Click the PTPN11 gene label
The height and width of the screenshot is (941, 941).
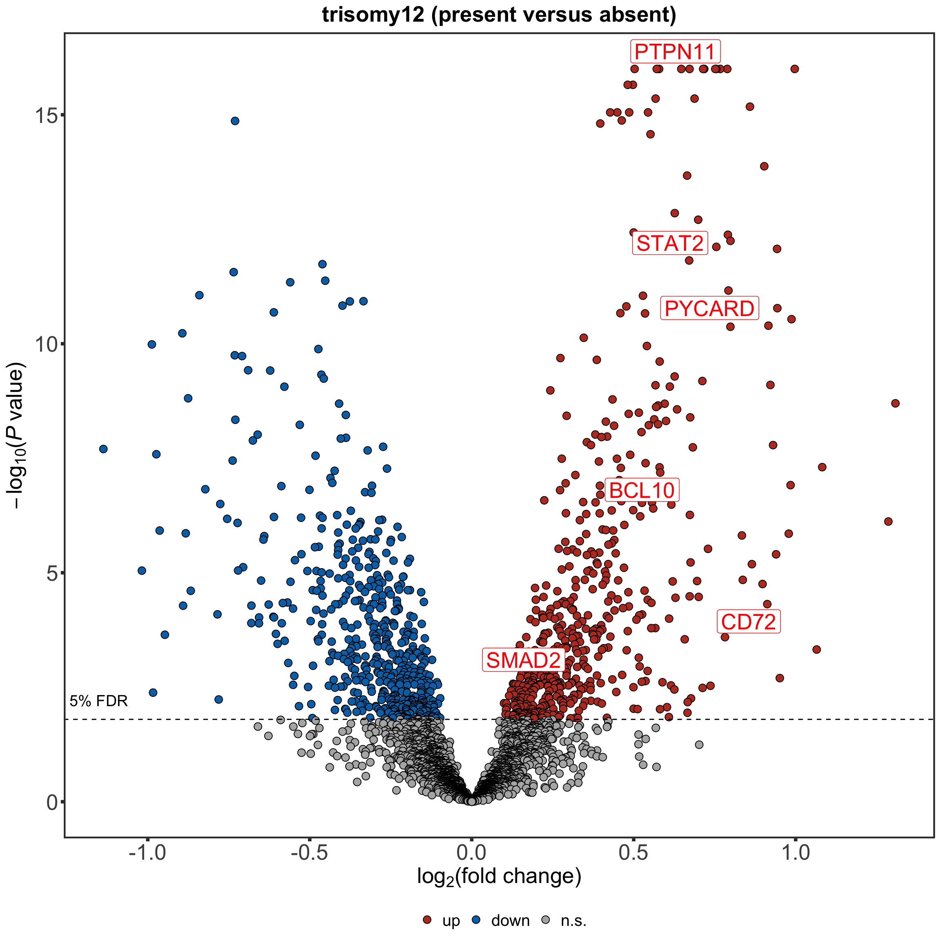point(675,51)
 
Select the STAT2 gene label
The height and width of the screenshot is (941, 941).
point(670,243)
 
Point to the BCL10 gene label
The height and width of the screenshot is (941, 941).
point(642,490)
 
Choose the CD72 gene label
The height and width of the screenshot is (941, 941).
point(748,622)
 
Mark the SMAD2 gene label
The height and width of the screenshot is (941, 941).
point(523,660)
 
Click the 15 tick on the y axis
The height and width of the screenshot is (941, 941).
point(46,116)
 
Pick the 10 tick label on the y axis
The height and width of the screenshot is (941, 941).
point(46,344)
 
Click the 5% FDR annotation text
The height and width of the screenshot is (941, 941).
point(98,701)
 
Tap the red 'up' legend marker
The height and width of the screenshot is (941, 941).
point(427,920)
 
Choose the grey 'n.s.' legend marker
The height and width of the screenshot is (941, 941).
point(546,920)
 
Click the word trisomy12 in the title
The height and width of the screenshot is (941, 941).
point(373,15)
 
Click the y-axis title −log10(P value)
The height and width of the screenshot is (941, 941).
point(16,436)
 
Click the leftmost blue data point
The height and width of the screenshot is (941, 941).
point(103,449)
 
